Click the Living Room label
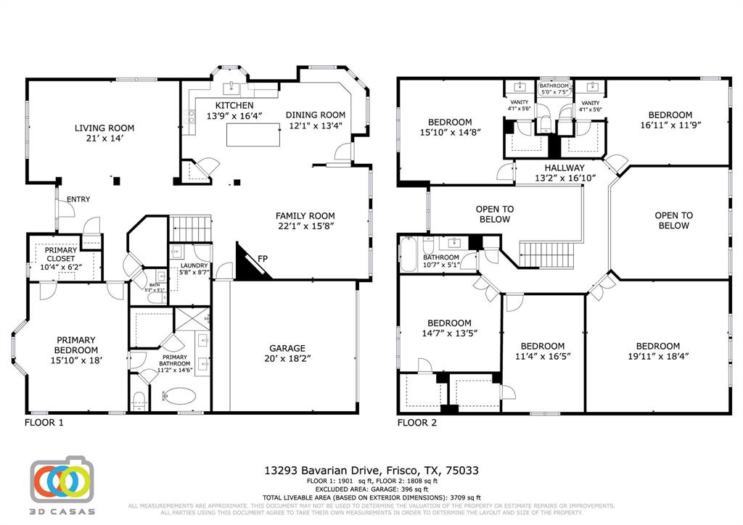[x=104, y=128]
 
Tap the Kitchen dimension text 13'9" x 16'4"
[x=234, y=116]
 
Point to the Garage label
[x=287, y=348]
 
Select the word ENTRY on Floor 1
[x=78, y=199]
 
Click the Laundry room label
[x=194, y=265]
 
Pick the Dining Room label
[x=316, y=115]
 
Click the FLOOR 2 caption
[x=417, y=422]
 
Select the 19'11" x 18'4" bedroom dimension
[x=658, y=356]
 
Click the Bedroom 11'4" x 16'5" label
[x=543, y=346]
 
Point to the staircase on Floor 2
[x=546, y=255]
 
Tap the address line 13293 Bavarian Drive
[x=371, y=471]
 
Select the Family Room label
[x=305, y=215]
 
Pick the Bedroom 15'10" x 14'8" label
[x=450, y=122]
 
